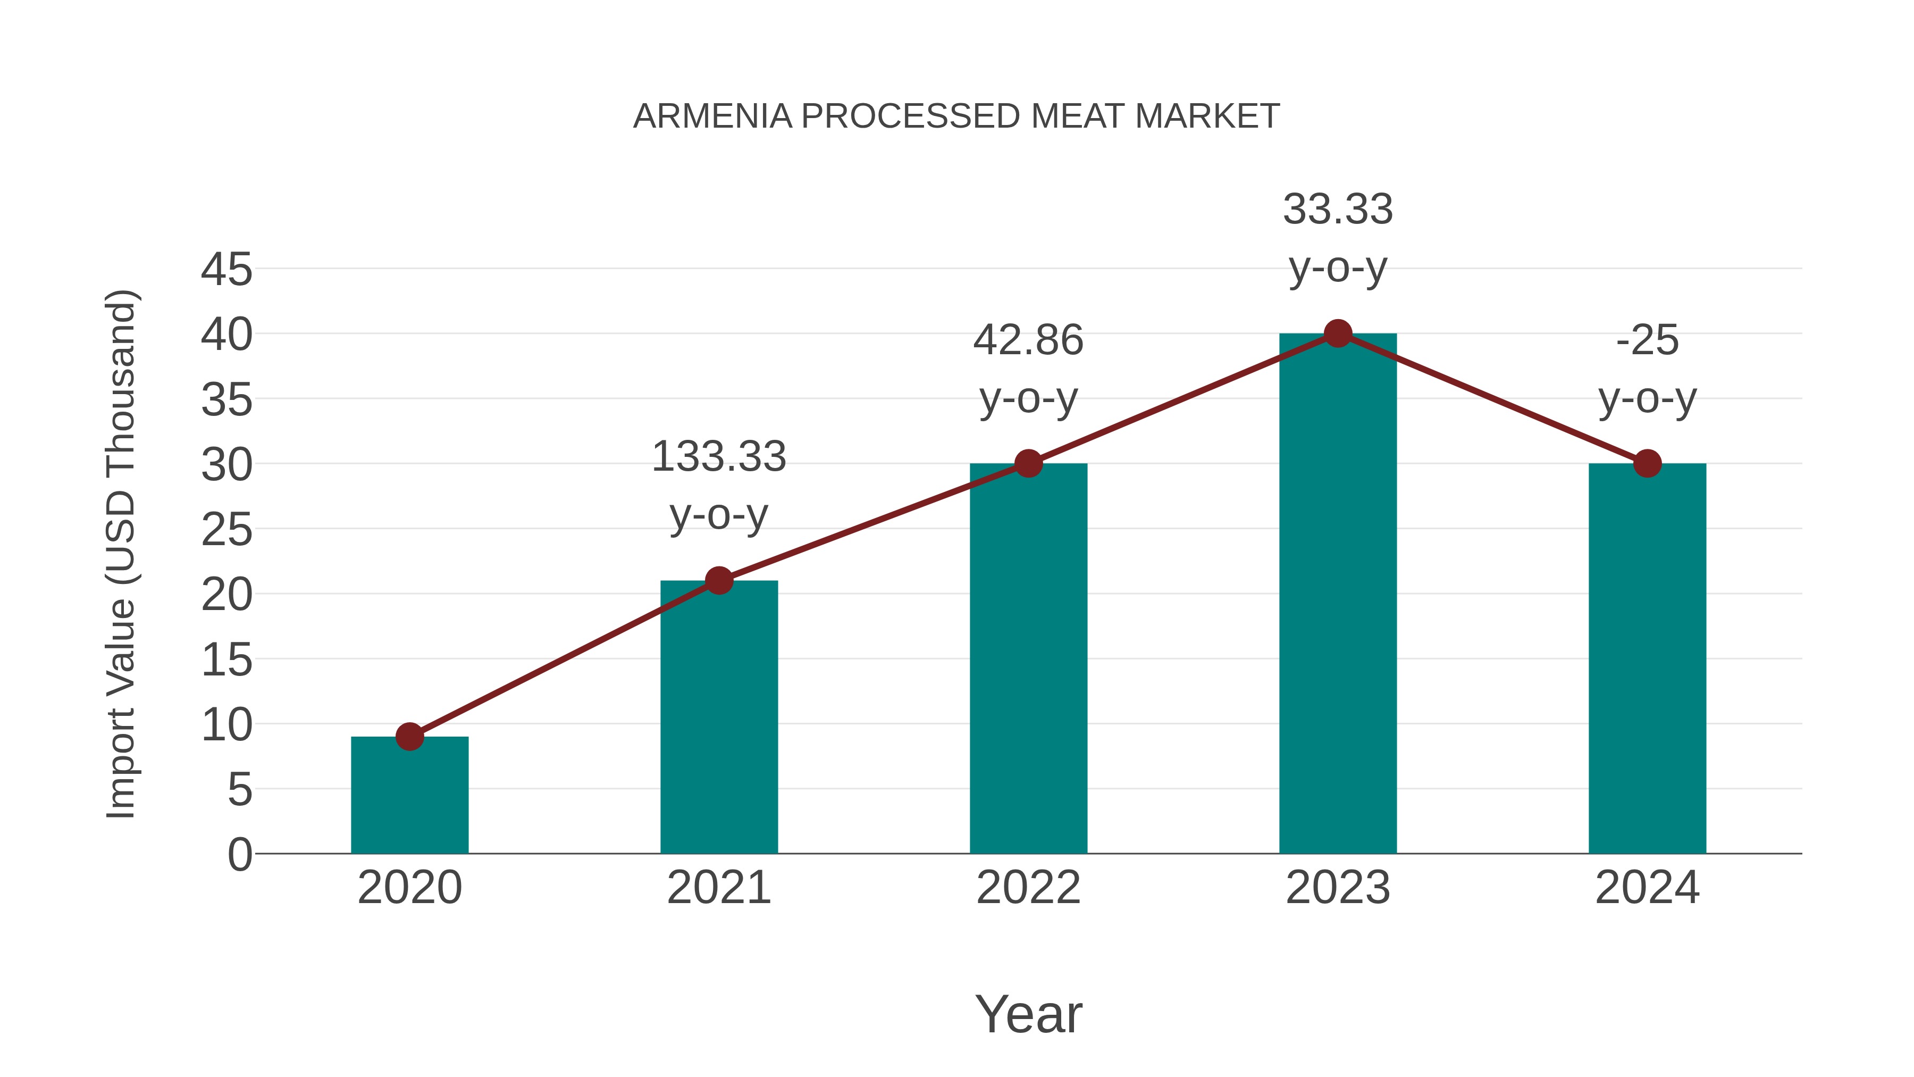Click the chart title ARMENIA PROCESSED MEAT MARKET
[x=956, y=116]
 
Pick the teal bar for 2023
[x=1338, y=595]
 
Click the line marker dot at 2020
[x=409, y=737]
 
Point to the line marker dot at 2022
[x=1028, y=464]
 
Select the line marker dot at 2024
[x=1647, y=464]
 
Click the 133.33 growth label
[x=718, y=456]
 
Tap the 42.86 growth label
[x=1028, y=340]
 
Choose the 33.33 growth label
[x=1338, y=209]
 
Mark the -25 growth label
[x=1647, y=340]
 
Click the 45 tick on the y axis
[x=226, y=269]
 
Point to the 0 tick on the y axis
[x=239, y=854]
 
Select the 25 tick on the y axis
[x=226, y=530]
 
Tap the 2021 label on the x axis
[x=718, y=888]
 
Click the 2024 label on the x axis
[x=1647, y=888]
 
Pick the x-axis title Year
[x=1028, y=1014]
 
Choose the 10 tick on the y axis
[x=226, y=725]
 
